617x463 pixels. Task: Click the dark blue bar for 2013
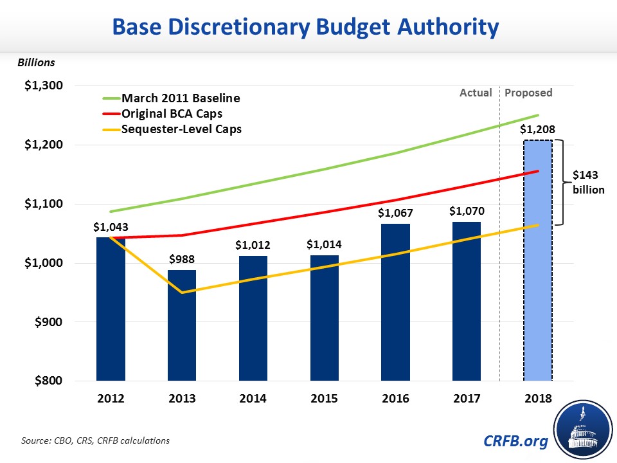tap(182, 325)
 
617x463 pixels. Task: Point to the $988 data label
tap(182, 259)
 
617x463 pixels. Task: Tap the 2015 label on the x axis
tap(323, 399)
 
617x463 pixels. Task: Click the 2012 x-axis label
tap(111, 399)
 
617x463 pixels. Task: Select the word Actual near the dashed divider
tap(476, 93)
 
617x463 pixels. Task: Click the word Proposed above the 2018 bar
tap(528, 93)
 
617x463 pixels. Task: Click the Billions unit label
tap(36, 62)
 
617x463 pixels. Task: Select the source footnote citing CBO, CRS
tap(96, 440)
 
